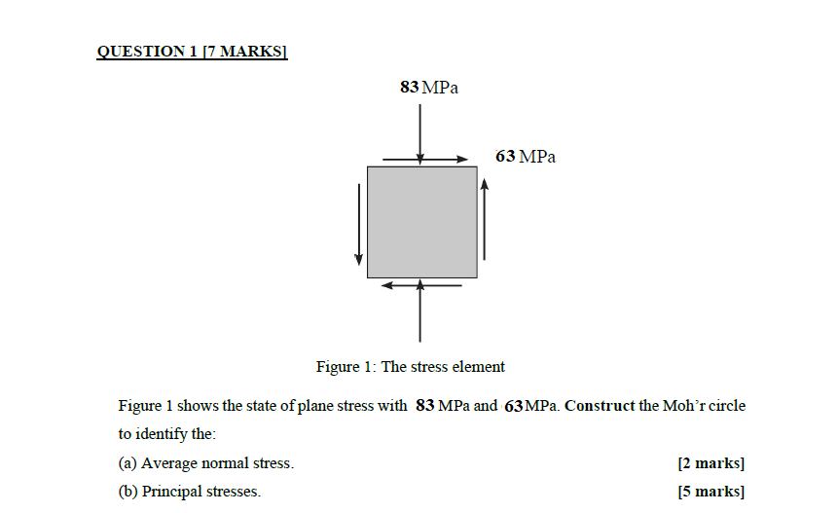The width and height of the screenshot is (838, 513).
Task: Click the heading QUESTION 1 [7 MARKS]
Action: pos(192,52)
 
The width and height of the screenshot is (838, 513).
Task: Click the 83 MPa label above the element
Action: pos(428,88)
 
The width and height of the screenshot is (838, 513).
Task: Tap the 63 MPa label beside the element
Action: pos(526,157)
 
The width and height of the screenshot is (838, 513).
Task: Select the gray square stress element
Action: pos(421,222)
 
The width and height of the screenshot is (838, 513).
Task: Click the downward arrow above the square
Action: pos(420,127)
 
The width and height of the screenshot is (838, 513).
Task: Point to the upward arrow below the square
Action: pos(420,311)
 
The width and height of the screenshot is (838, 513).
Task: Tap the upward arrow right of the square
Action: pos(484,222)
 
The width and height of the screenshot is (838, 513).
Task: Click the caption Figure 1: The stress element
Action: pos(411,367)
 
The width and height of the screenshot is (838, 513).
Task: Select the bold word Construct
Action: pos(599,406)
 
